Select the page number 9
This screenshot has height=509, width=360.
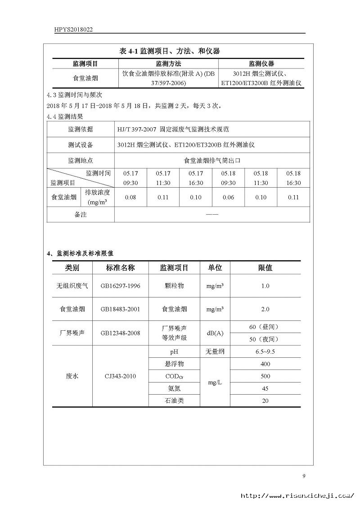pos(304,476)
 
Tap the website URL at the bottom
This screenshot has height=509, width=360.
pos(297,495)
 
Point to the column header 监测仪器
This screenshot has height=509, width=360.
pos(261,64)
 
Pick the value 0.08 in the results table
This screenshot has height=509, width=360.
pos(130,197)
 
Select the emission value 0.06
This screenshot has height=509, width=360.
pos(228,197)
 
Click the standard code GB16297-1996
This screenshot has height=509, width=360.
pos(120,286)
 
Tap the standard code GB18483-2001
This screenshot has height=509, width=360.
pos(120,310)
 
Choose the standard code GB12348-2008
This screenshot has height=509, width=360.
pos(120,333)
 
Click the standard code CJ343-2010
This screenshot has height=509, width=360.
pos(120,376)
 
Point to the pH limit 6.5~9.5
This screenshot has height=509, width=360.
pos(265,352)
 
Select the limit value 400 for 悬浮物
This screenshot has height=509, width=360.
pos(265,364)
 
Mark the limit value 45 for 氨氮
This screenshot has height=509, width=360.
pos(265,388)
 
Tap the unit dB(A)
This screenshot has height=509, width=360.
pos(215,333)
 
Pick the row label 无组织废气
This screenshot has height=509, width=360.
pos(72,286)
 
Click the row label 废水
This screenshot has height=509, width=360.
pos(72,376)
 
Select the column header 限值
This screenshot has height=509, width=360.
pos(265,268)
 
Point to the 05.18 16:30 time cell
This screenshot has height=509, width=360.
pos(293,178)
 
